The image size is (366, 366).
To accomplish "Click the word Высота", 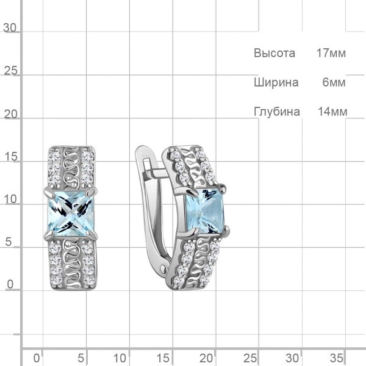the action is click(x=274, y=53).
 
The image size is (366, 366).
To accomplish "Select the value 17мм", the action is click(x=331, y=53).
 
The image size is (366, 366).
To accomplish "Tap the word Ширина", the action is click(x=276, y=82).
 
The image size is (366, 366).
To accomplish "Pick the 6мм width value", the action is click(x=334, y=82).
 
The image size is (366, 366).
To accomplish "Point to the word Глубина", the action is click(x=277, y=112).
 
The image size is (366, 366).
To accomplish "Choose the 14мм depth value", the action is click(x=332, y=112).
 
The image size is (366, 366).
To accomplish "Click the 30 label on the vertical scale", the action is click(x=10, y=28).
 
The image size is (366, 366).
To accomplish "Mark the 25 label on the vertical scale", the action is click(x=10, y=71).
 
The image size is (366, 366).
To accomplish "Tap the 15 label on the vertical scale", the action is click(x=11, y=157).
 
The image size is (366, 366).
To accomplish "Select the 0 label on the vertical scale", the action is click(x=10, y=284).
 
